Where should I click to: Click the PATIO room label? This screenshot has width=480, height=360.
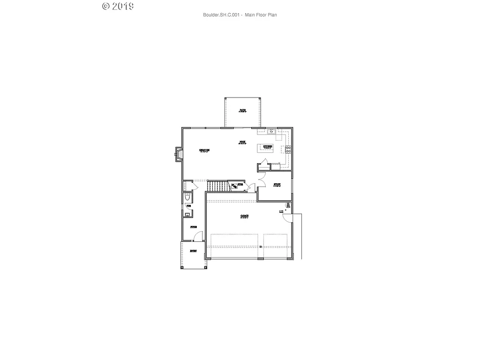click(x=242, y=111)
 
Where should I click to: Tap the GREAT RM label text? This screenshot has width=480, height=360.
click(x=204, y=150)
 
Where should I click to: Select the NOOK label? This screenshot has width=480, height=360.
click(x=242, y=142)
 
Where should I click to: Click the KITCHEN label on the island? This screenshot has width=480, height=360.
click(x=268, y=147)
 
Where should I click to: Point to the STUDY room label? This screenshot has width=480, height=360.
click(x=277, y=185)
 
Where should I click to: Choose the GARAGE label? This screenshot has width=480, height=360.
click(x=244, y=216)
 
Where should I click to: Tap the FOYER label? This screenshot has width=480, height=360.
click(x=193, y=227)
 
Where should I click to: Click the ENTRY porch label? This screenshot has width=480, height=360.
click(x=193, y=251)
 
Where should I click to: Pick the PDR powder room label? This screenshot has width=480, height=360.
click(x=189, y=206)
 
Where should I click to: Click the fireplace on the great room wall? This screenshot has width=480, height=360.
click(x=178, y=153)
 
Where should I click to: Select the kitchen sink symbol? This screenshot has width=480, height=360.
click(x=271, y=131)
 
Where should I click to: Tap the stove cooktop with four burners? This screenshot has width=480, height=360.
click(x=288, y=150)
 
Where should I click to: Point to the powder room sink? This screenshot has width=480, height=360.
click(x=187, y=215)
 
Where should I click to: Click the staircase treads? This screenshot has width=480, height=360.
click(x=217, y=186)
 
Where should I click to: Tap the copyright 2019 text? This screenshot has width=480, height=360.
click(x=118, y=6)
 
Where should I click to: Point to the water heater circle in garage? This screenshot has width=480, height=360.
click(x=285, y=211)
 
